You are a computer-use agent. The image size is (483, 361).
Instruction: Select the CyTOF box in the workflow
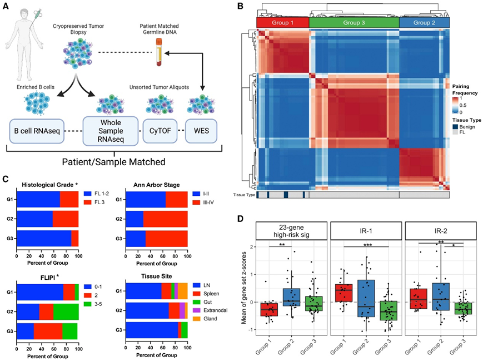point(161,132)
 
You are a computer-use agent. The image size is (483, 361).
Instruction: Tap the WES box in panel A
point(201,132)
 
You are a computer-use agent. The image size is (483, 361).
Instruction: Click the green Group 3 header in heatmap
point(353,23)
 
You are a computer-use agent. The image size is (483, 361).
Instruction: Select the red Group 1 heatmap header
point(282,23)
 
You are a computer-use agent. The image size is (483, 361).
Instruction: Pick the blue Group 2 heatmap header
point(424,23)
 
